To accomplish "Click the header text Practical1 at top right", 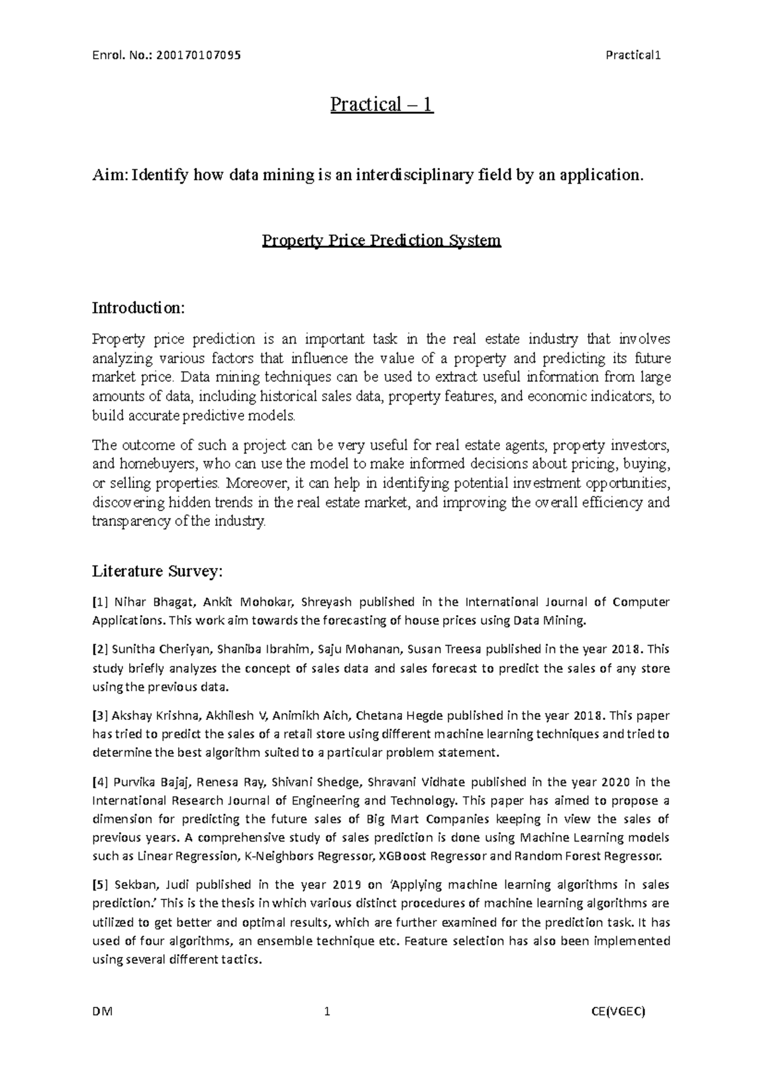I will point(634,55).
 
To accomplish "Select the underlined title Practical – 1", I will point(381,104).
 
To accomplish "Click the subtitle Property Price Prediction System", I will point(381,241).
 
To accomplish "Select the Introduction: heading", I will point(139,308).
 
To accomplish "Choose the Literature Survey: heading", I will point(158,571).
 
